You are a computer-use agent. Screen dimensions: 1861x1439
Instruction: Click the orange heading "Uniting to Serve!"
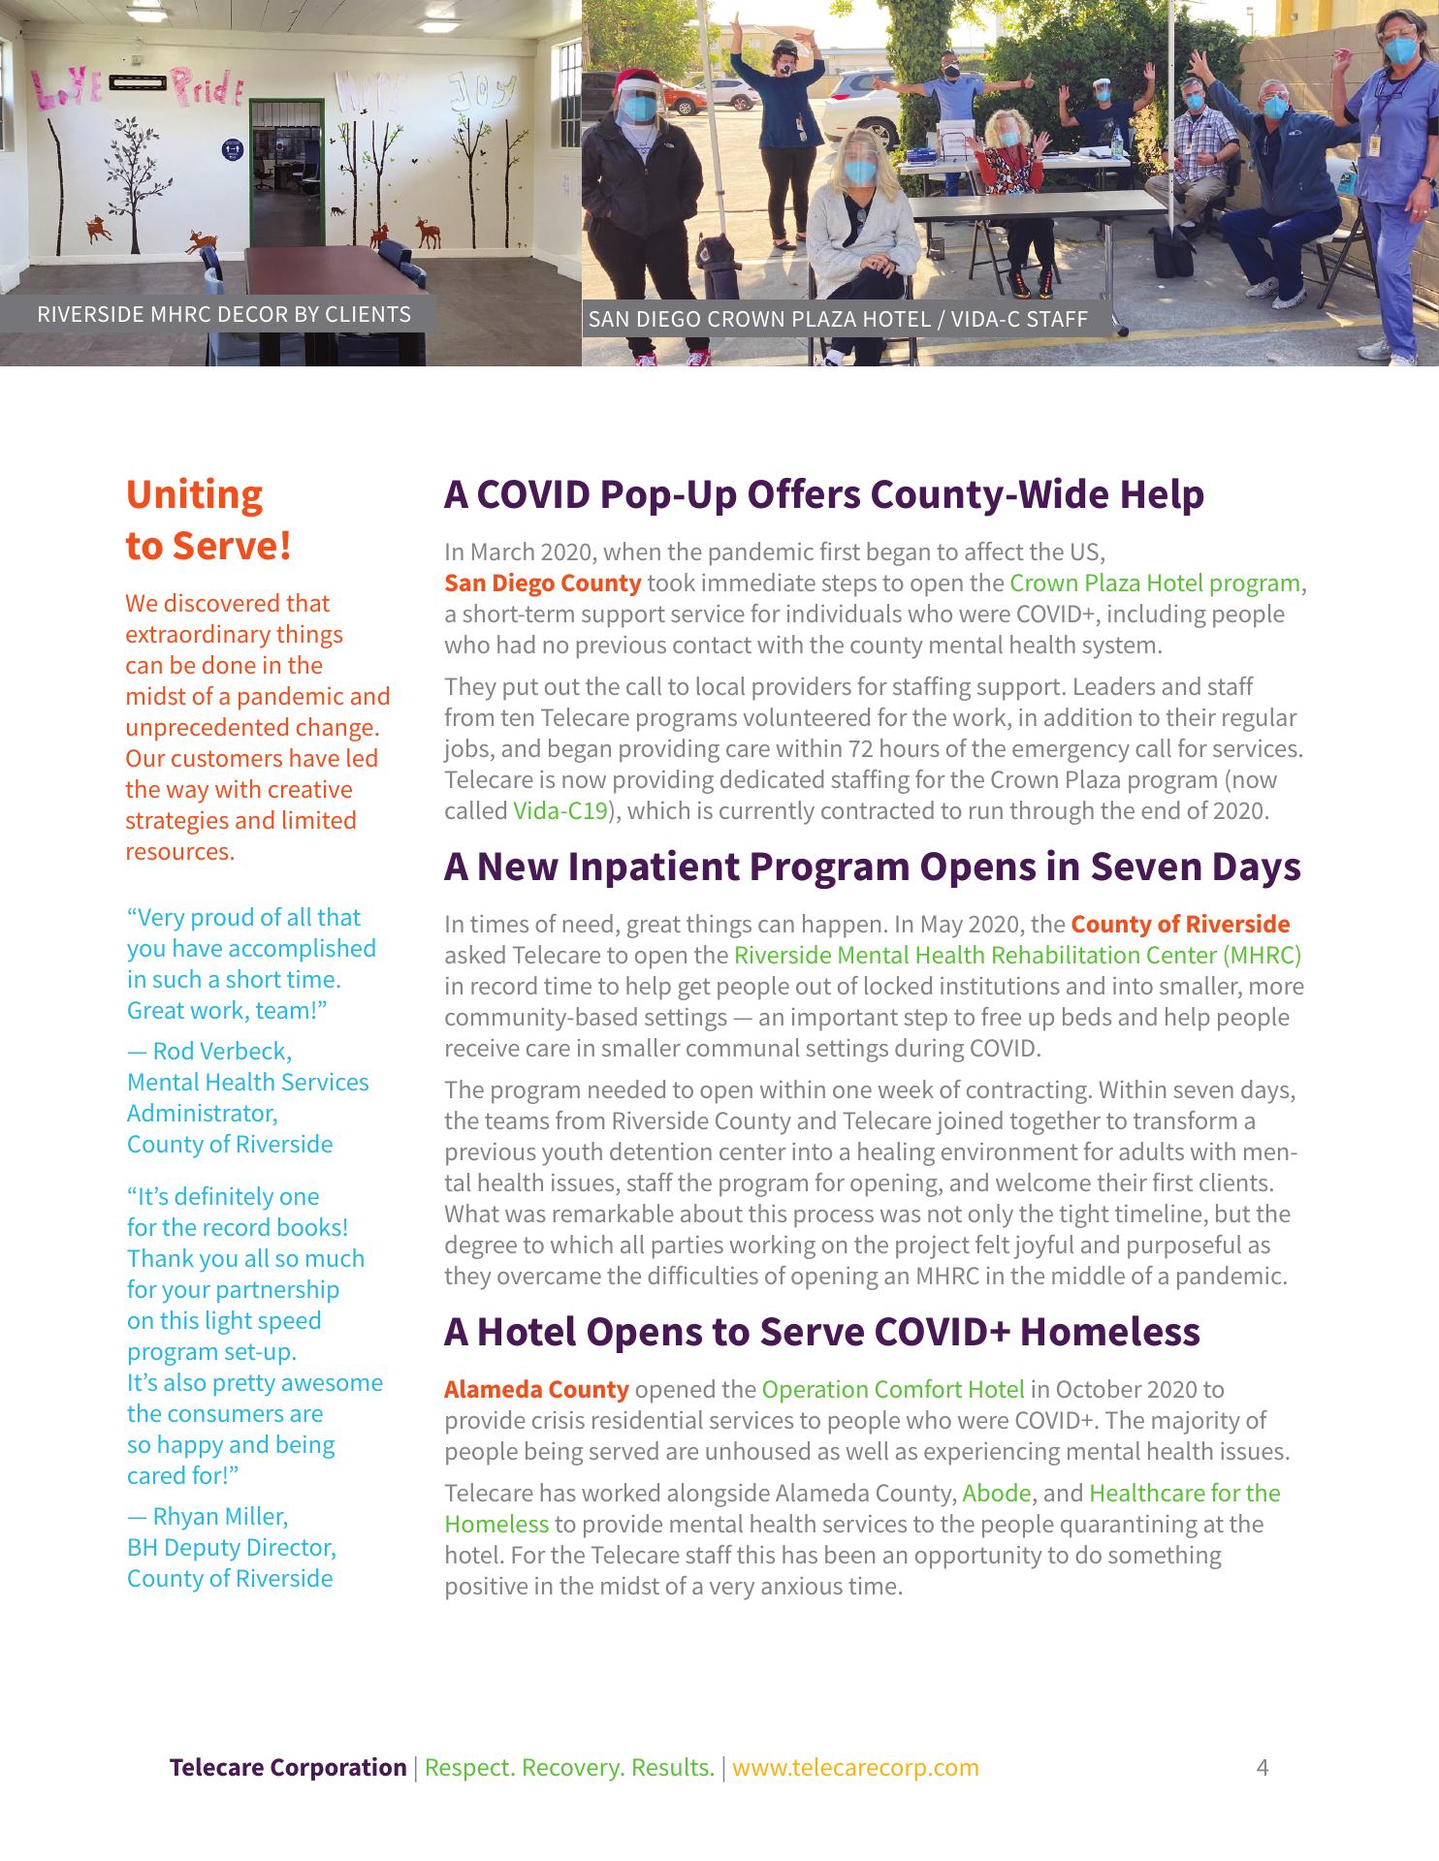208,520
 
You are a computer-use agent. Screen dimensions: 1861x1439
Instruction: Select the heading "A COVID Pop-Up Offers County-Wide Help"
823,494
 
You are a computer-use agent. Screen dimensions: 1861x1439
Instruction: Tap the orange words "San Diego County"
542,584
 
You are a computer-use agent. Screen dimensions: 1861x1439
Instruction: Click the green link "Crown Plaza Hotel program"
1154,584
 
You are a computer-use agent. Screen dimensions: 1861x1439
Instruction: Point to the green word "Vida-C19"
560,811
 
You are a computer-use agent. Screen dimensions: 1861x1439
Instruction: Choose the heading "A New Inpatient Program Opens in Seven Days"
872,867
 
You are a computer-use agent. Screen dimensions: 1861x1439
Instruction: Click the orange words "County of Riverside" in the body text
1180,925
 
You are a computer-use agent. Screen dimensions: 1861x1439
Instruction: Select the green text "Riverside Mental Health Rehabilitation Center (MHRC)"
1017,956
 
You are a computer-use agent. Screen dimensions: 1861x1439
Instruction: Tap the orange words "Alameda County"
536,1390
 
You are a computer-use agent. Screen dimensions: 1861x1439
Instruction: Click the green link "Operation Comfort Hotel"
892,1390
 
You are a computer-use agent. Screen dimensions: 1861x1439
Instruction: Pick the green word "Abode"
997,1494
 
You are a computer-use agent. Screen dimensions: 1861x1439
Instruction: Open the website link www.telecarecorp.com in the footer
855,1767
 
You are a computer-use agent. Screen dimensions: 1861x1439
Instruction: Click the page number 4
1262,1767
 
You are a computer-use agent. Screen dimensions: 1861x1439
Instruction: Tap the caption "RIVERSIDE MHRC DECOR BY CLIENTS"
223,315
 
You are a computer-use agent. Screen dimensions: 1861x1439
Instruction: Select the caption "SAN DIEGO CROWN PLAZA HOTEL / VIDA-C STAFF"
838,319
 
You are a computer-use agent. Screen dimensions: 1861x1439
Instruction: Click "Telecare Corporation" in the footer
288,1767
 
